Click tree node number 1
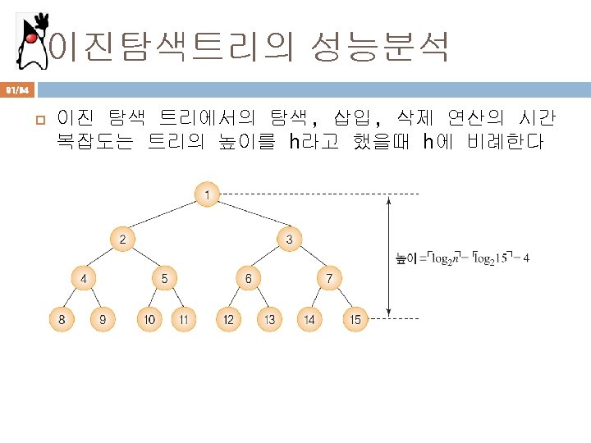207,194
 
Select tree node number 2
122,239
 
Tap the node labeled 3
290,239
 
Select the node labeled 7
329,278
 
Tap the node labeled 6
249,278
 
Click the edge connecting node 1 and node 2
164,217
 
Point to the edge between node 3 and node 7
309,258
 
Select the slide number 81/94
16,87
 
